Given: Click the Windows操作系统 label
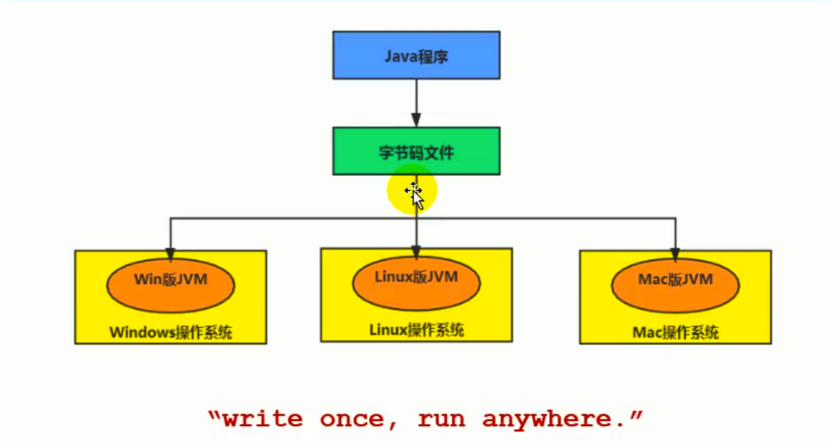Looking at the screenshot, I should coord(171,333).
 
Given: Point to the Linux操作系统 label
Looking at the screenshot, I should coord(417,330).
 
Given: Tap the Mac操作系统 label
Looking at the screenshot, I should coord(675,333).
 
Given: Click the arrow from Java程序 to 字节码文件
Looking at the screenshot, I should coord(417,102).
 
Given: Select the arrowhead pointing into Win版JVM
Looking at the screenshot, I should coord(171,254).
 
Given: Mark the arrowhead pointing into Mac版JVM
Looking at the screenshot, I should coord(675,254).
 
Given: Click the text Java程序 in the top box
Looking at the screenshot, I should coord(416,56).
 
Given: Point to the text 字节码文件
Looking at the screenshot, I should coord(416,153).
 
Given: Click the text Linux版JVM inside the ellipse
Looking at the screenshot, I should coord(417,277).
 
